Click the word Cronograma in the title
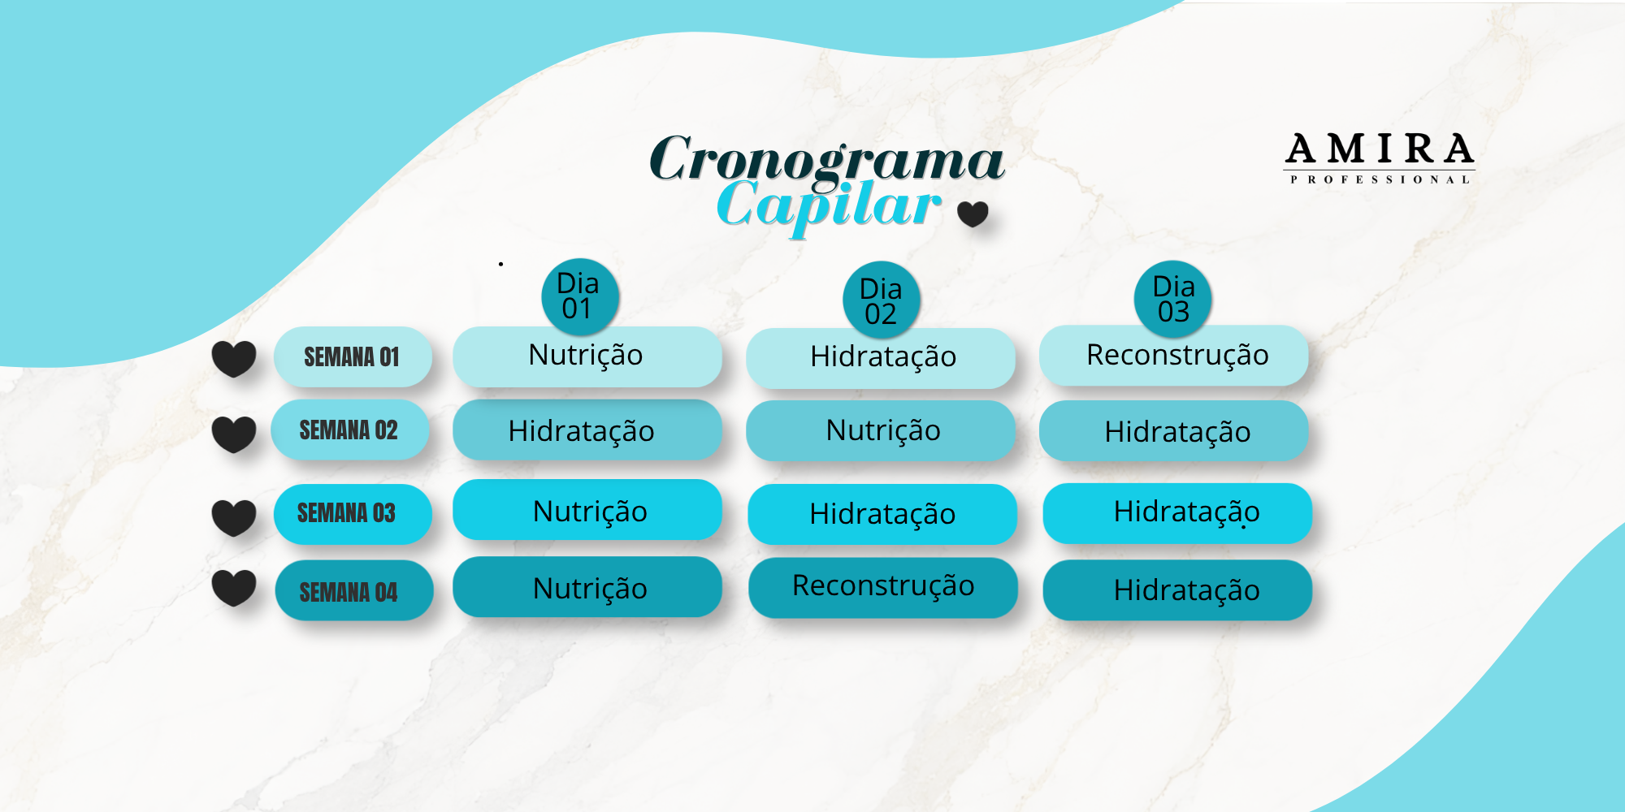[x=827, y=159]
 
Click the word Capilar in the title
[x=829, y=206]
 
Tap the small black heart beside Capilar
[x=973, y=214]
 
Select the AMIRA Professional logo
[x=1380, y=158]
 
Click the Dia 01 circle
[x=579, y=296]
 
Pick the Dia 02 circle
[x=882, y=300]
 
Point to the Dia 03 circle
[x=1173, y=299]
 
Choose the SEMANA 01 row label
[x=353, y=356]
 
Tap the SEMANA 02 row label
[x=349, y=430]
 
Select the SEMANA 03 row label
[x=352, y=514]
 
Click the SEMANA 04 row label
[x=353, y=591]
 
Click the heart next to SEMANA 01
[x=234, y=359]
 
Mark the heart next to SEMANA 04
[x=234, y=588]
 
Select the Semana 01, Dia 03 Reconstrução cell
[x=1173, y=356]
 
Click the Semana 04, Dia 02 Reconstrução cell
[x=882, y=587]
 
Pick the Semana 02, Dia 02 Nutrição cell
[x=881, y=430]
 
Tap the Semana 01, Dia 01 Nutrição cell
[x=587, y=356]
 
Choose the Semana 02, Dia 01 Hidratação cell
[x=587, y=430]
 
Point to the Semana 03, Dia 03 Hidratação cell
[x=1177, y=513]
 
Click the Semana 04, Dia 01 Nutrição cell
[x=587, y=587]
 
